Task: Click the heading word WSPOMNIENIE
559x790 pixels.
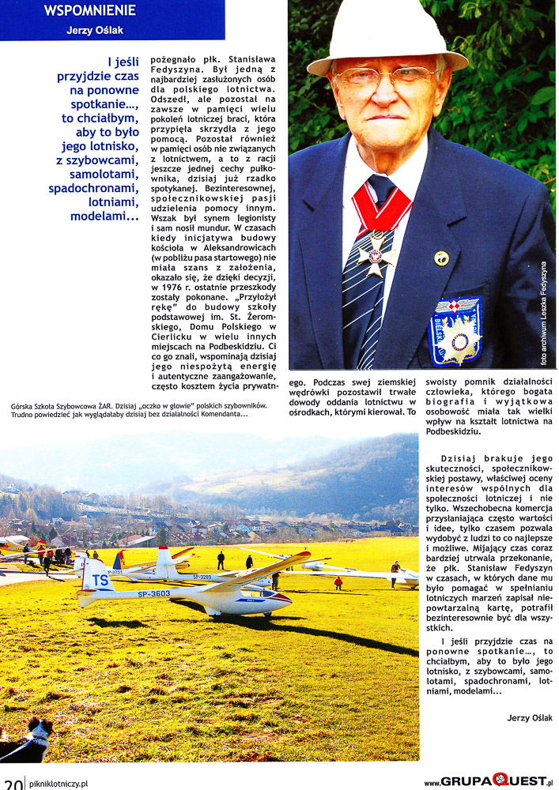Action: [x=89, y=11]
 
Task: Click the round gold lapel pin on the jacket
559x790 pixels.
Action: [x=441, y=258]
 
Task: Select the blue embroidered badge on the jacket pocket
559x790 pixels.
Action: [x=455, y=330]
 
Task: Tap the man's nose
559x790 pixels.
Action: [x=382, y=93]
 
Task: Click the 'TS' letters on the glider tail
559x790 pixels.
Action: [x=100, y=580]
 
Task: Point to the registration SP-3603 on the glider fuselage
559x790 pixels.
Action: [x=154, y=594]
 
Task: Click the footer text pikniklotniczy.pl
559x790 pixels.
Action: [x=58, y=783]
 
